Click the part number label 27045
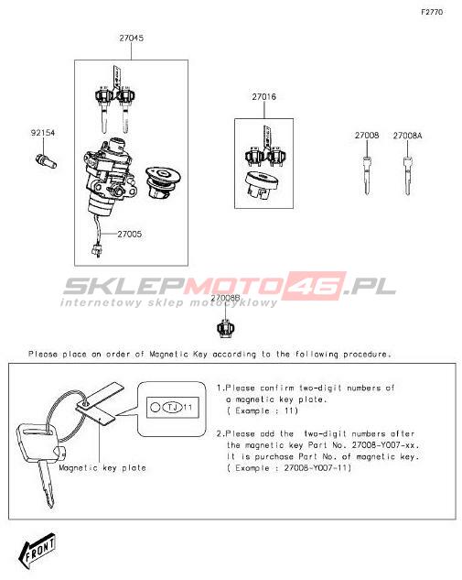pyautogui.click(x=131, y=38)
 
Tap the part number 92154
pyautogui.click(x=43, y=133)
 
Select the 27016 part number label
pyautogui.click(x=264, y=97)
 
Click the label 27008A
pyautogui.click(x=407, y=136)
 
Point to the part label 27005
pyautogui.click(x=130, y=235)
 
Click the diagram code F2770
pyautogui.click(x=432, y=12)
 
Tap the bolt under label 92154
pyautogui.click(x=46, y=161)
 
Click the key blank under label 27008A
pyautogui.click(x=407, y=176)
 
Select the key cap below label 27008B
pyautogui.click(x=225, y=328)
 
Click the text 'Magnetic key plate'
pyautogui.click(x=102, y=468)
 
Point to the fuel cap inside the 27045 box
pyautogui.click(x=163, y=182)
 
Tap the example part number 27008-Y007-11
pyautogui.click(x=317, y=468)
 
